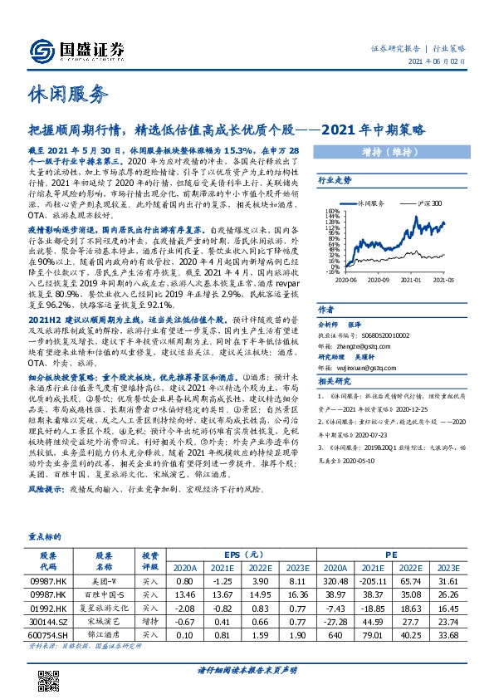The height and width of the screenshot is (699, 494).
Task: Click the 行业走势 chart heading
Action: (336, 179)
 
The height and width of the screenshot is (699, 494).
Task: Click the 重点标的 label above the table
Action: (46, 536)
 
